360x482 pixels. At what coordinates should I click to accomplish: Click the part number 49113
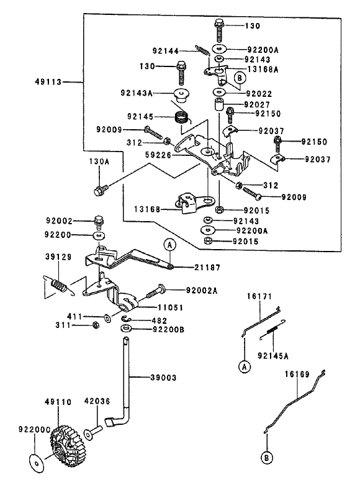click(x=48, y=82)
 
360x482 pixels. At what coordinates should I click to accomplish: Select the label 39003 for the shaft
click(x=163, y=378)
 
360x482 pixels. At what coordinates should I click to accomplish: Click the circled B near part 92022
click(x=240, y=78)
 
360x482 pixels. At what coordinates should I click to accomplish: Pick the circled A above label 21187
click(x=169, y=245)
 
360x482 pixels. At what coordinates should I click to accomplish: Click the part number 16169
click(x=297, y=374)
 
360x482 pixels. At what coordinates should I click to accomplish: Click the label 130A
click(x=99, y=161)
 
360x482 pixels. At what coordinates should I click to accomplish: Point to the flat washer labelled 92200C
click(x=37, y=463)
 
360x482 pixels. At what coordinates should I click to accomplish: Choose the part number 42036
click(x=97, y=401)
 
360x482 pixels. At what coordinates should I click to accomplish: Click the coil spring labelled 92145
click(x=182, y=117)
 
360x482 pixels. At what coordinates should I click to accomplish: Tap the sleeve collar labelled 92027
click(x=218, y=104)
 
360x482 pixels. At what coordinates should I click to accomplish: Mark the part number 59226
click(x=158, y=155)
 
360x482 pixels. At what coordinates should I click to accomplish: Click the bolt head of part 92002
click(x=99, y=220)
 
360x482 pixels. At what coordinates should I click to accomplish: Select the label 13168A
click(x=263, y=70)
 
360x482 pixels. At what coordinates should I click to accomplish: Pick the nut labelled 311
click(x=96, y=325)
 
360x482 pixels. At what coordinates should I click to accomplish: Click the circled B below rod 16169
click(x=267, y=458)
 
